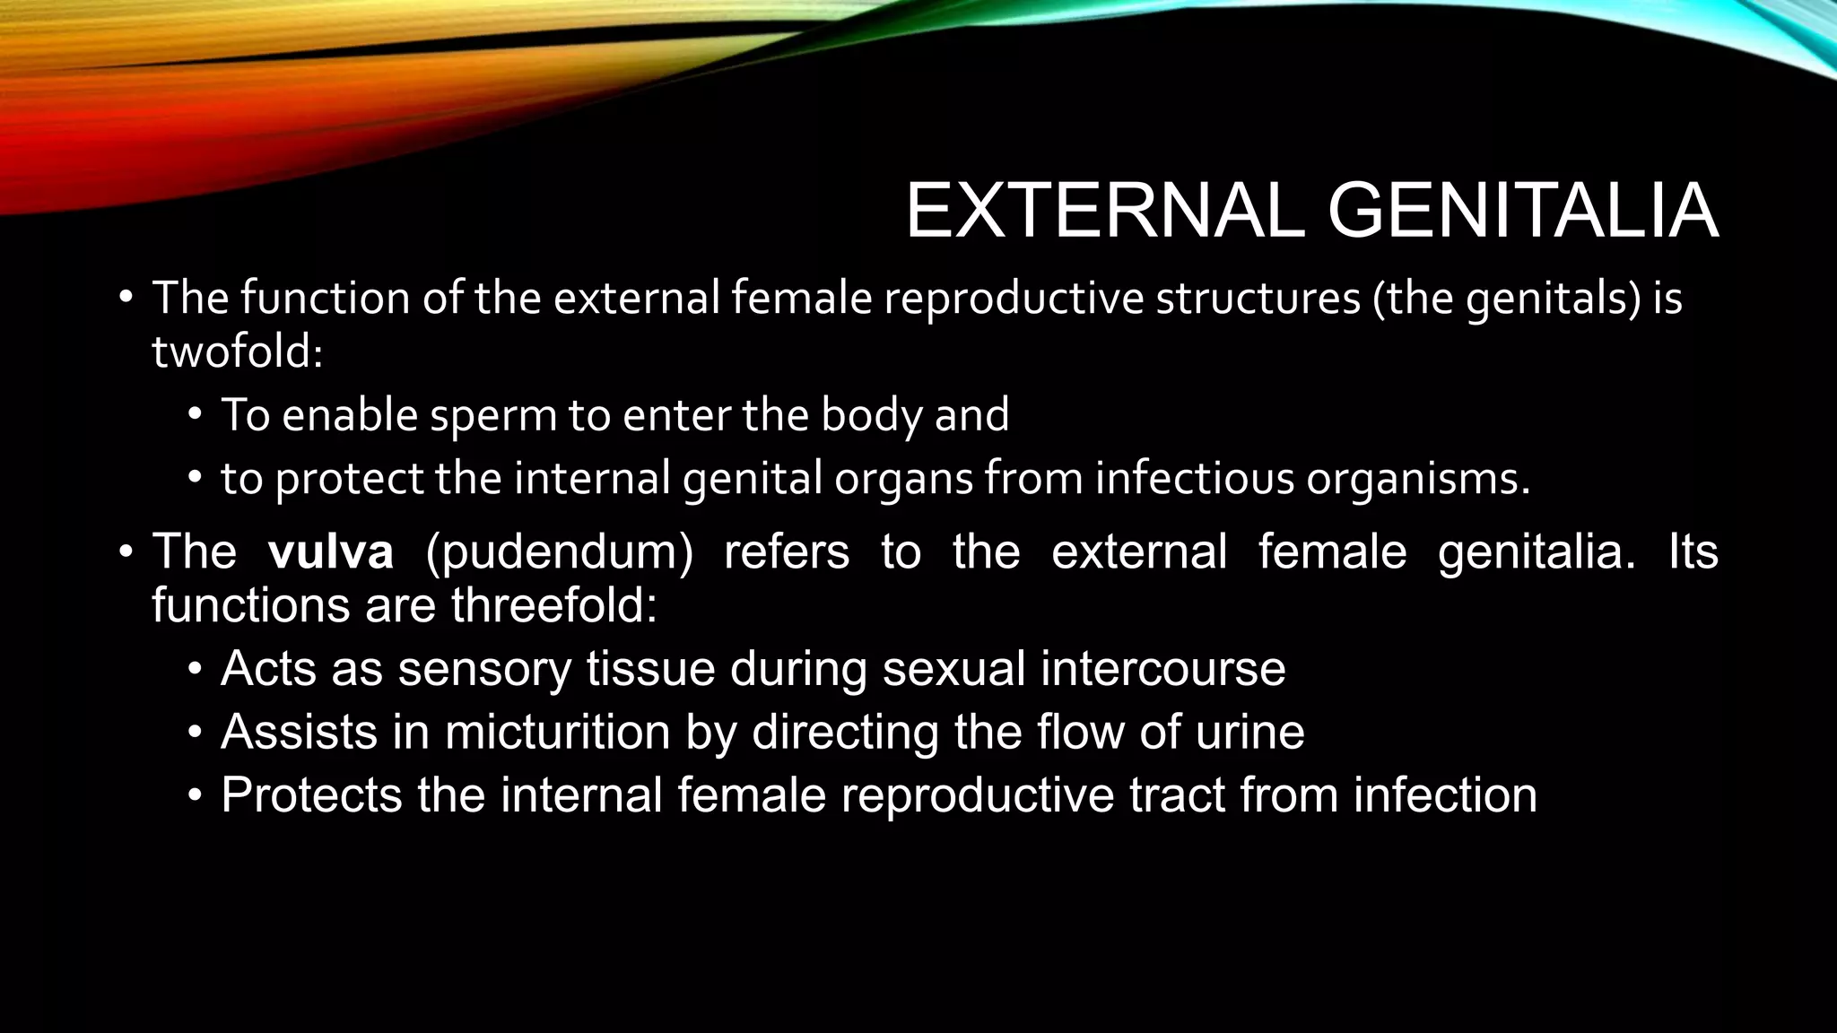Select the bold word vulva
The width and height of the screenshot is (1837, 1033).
pyautogui.click(x=330, y=551)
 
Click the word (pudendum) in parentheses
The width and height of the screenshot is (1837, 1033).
pyautogui.click(x=559, y=552)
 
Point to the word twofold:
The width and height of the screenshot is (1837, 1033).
pyautogui.click(x=237, y=351)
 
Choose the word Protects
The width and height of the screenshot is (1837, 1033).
pyautogui.click(x=311, y=795)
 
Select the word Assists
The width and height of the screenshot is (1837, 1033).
pyautogui.click(x=299, y=732)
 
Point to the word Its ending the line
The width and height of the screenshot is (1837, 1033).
pyautogui.click(x=1693, y=551)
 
